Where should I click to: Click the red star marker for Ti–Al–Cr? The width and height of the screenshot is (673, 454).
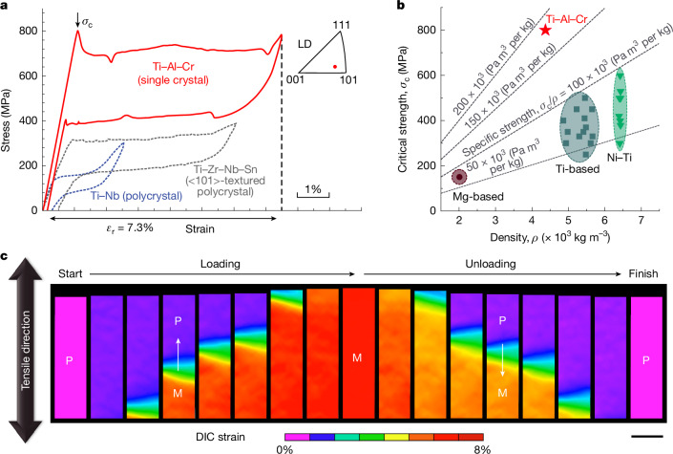[x=545, y=30]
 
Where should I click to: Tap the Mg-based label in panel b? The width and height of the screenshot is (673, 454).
[x=478, y=197]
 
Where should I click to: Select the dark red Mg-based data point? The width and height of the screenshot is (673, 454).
[x=459, y=177]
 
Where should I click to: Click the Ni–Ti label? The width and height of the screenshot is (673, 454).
[x=620, y=158]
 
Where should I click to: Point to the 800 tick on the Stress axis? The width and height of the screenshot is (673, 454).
[x=28, y=31]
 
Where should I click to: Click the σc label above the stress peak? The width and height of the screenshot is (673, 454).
[x=87, y=22]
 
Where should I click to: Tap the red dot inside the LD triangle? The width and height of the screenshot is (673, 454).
[x=335, y=67]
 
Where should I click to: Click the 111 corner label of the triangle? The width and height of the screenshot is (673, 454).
[x=341, y=25]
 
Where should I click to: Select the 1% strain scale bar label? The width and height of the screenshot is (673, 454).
[x=313, y=188]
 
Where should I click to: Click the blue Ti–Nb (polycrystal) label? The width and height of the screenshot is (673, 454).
[x=137, y=196]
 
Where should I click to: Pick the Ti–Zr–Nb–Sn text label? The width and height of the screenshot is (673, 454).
[x=225, y=169]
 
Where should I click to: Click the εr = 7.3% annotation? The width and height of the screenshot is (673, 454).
[x=129, y=228]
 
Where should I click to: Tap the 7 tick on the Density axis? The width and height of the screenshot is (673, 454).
[x=641, y=220]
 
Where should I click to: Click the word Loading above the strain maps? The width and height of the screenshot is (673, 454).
[x=221, y=264]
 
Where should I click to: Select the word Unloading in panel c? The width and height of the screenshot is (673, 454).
[x=491, y=264]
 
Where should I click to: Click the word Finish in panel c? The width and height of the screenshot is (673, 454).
[x=643, y=273]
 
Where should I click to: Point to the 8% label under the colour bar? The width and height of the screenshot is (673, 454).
[x=482, y=449]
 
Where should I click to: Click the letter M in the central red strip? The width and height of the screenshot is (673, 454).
[x=357, y=357]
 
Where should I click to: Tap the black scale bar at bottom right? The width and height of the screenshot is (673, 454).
[x=647, y=437]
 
